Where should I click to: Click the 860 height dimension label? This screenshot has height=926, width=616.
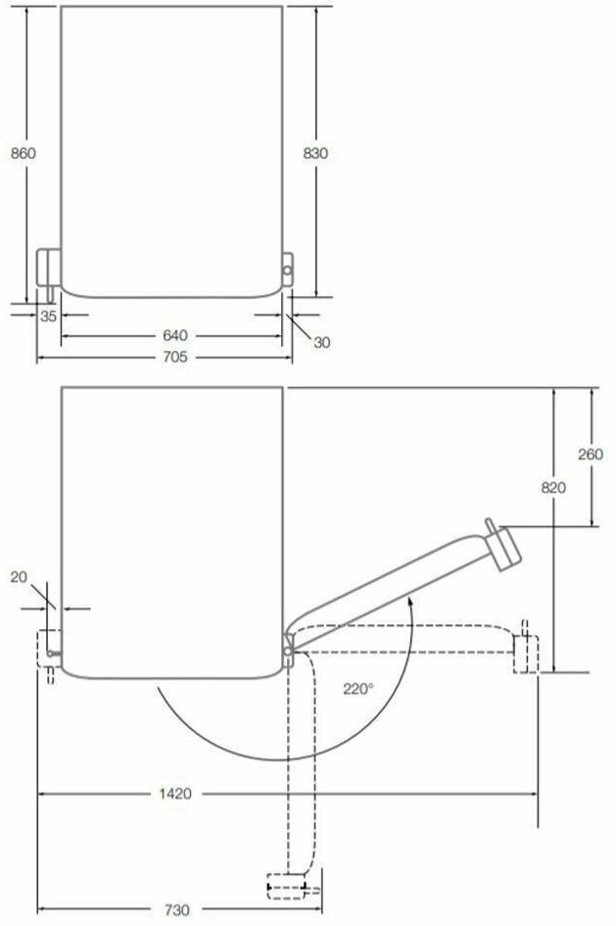point(23,153)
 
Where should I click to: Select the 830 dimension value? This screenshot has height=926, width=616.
point(315,153)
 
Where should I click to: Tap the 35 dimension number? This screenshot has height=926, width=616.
point(48,316)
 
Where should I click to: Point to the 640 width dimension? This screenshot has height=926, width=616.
point(175,335)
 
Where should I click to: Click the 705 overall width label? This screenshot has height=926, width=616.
point(175,357)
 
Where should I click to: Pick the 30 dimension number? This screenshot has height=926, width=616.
point(321,343)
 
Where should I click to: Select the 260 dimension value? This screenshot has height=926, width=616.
point(591,454)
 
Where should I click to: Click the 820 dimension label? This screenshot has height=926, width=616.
point(553,487)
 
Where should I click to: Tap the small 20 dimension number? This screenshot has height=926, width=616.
point(19,577)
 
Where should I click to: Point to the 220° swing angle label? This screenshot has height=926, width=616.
point(358,689)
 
